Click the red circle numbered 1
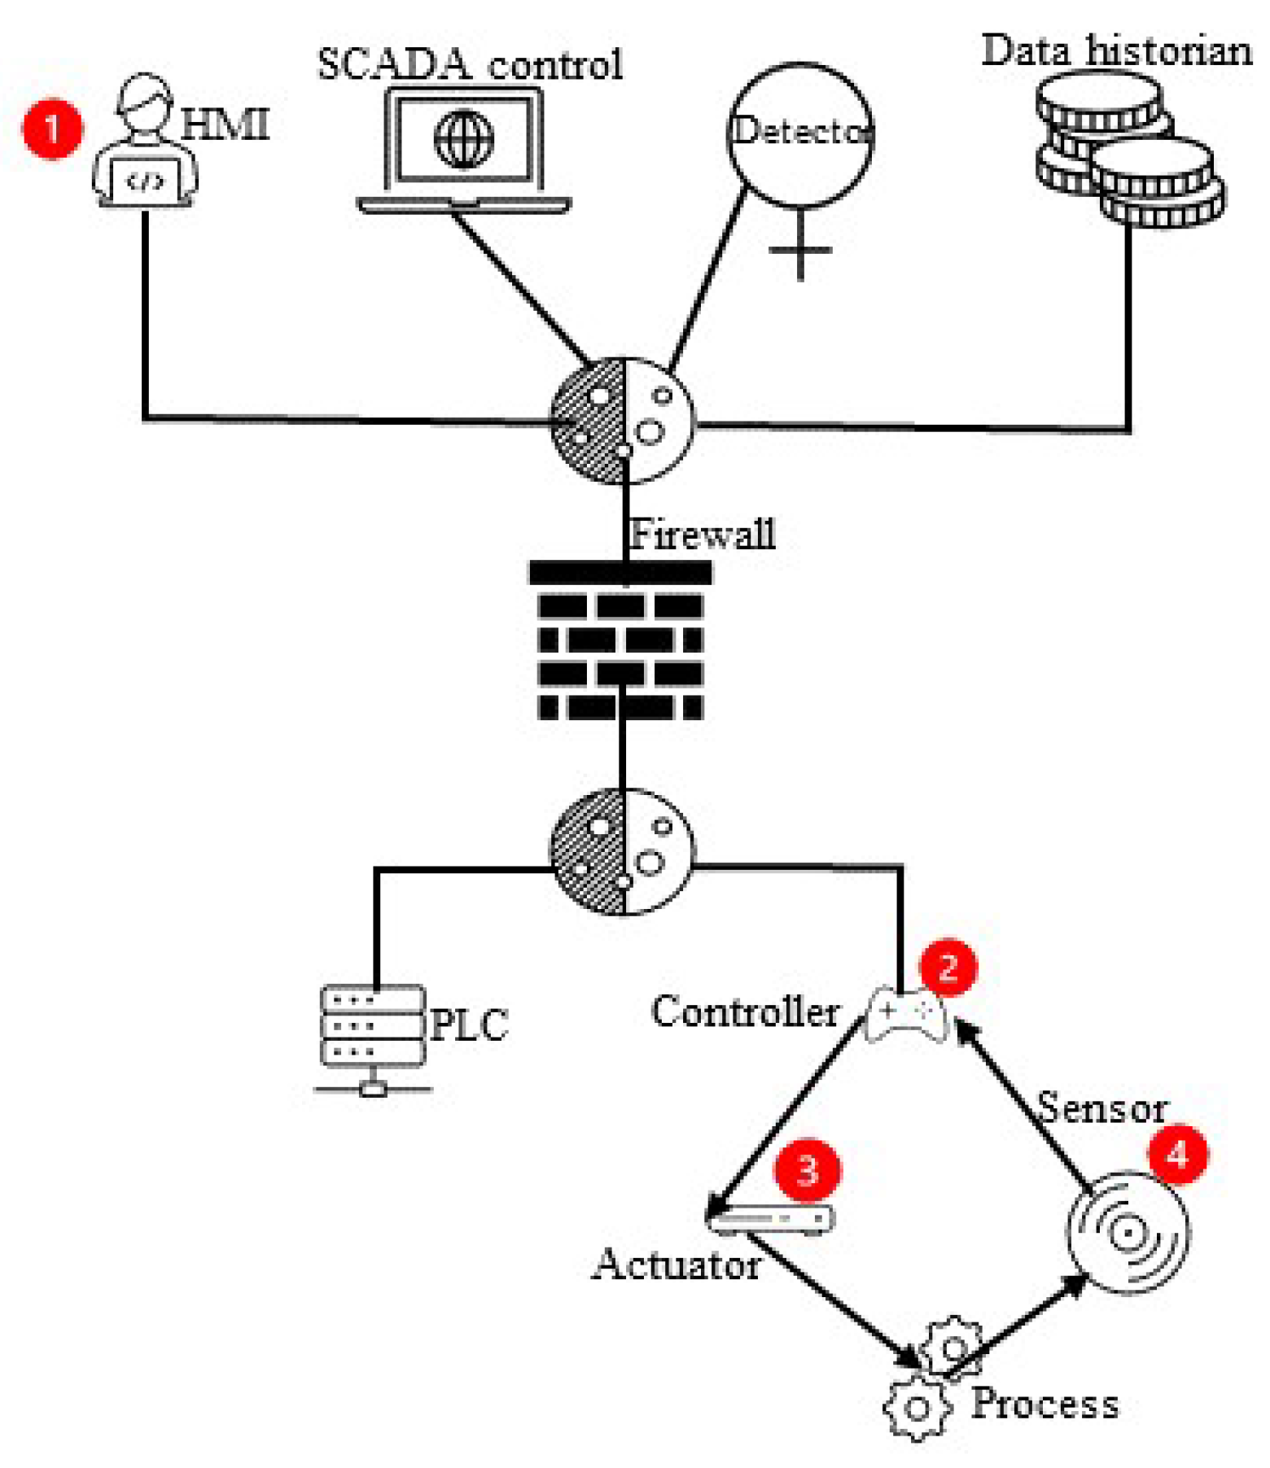52,129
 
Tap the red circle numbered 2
948,967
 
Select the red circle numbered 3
807,1170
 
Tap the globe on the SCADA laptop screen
464,139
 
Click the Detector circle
799,133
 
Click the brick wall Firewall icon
620,643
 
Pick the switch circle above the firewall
622,421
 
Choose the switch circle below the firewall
622,851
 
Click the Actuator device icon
770,1219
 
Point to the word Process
1045,1403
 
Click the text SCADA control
470,65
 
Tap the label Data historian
1116,50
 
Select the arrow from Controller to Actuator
786,1115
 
